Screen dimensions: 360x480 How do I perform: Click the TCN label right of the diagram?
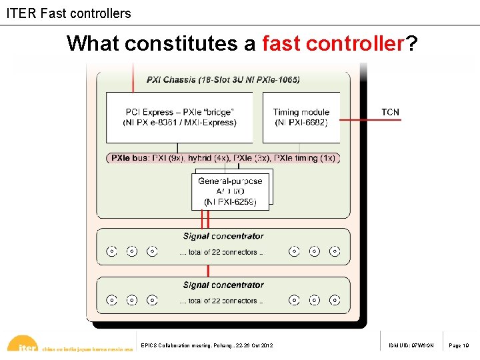pos(390,112)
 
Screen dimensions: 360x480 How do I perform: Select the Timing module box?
pos(301,117)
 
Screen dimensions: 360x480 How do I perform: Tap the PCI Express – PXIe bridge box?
pos(179,117)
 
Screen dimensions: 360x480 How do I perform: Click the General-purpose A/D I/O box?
pos(230,191)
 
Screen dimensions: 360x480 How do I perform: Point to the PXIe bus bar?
pos(224,158)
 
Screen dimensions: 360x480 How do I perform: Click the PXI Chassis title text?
pos(223,80)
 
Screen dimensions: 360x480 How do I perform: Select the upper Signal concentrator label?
pos(223,236)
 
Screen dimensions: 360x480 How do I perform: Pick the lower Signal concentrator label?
pos(223,285)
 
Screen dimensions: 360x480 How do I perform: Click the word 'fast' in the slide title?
pos(283,44)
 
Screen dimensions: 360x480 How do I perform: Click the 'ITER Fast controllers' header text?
pos(69,13)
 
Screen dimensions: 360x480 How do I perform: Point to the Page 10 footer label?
pos(459,345)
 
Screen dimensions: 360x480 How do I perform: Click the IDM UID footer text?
pos(411,345)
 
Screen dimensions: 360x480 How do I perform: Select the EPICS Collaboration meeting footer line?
pos(207,345)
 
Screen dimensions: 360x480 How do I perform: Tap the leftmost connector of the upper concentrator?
pos(112,251)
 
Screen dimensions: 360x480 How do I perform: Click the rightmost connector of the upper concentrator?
pos(335,251)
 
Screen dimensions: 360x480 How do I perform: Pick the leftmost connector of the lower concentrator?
pos(112,301)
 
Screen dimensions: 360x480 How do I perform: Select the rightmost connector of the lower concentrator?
pos(335,301)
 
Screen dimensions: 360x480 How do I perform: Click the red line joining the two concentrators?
pos(208,271)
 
